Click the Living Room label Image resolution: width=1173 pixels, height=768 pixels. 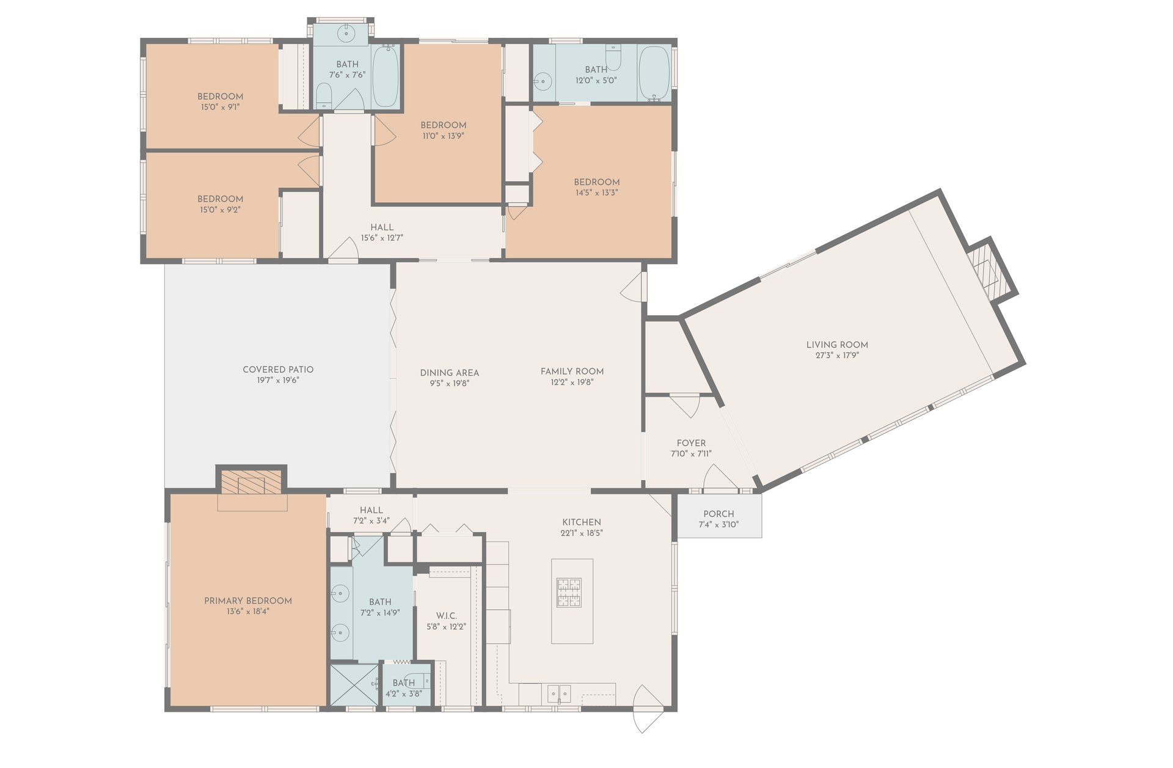click(x=837, y=345)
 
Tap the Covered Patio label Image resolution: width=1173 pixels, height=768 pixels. click(x=278, y=370)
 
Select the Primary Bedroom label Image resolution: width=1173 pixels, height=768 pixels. click(x=248, y=601)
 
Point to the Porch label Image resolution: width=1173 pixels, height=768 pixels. click(x=718, y=514)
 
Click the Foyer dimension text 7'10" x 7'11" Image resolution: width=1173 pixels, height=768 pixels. click(x=691, y=454)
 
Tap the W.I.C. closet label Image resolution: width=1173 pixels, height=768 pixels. click(x=446, y=616)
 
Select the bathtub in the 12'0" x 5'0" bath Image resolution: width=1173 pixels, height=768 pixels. click(x=654, y=73)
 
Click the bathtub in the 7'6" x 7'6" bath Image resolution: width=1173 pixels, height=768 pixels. click(x=386, y=76)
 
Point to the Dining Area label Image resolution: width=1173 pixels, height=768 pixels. click(x=450, y=373)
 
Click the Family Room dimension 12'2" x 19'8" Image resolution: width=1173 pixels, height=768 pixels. click(x=572, y=382)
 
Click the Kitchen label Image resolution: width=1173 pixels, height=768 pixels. click(x=582, y=522)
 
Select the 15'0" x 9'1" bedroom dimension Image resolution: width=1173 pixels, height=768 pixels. click(x=220, y=107)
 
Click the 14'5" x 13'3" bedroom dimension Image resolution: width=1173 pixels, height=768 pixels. click(x=597, y=192)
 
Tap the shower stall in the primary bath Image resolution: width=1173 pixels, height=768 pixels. click(x=354, y=685)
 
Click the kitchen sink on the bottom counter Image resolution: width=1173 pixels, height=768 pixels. click(x=559, y=693)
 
